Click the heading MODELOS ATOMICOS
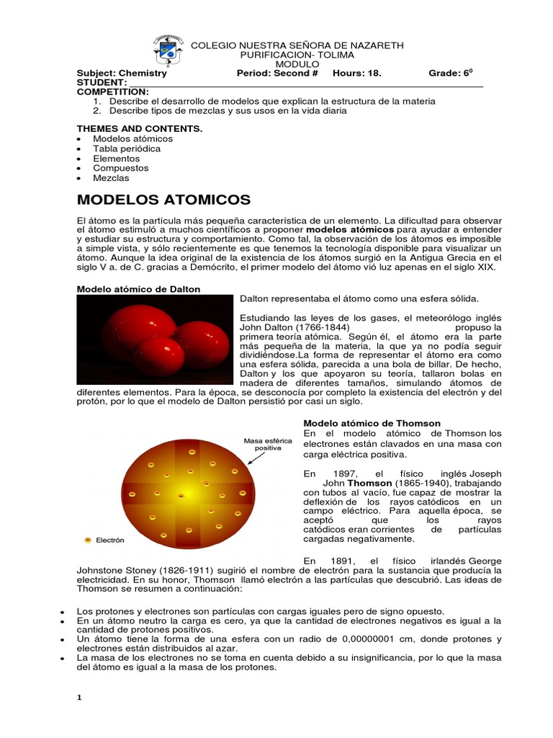(163, 199)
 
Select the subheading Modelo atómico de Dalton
(138, 289)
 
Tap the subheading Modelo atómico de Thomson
(372, 423)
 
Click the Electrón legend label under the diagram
(109, 539)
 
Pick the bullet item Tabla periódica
(127, 148)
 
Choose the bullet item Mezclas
(111, 177)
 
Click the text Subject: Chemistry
(122, 73)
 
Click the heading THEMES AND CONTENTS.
(140, 128)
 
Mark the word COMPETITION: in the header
(113, 92)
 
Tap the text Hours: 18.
(356, 73)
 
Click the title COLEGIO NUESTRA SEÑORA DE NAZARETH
(297, 45)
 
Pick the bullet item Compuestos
(122, 167)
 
